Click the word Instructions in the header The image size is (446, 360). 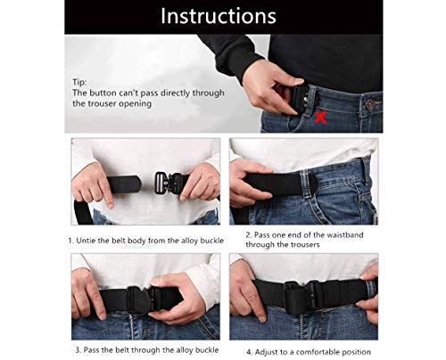(x=219, y=16)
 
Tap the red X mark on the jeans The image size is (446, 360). (x=321, y=118)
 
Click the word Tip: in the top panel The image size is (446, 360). (x=79, y=82)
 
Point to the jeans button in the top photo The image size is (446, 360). (x=369, y=104)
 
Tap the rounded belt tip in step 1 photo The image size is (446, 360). (x=136, y=184)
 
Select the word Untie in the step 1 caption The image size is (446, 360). (x=86, y=241)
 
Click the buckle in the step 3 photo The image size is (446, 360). (x=140, y=299)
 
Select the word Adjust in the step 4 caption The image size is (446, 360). (x=265, y=352)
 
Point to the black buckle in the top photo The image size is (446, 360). (x=301, y=97)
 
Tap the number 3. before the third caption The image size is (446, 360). (x=78, y=350)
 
